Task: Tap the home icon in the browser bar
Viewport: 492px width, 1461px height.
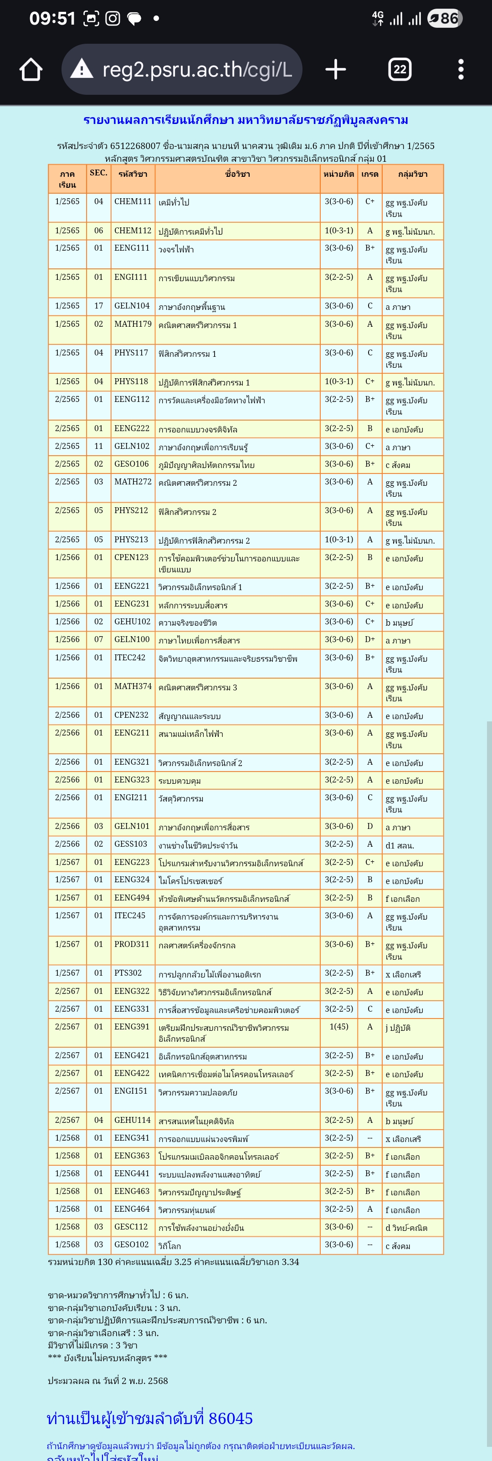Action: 31,70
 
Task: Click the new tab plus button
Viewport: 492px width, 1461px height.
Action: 336,70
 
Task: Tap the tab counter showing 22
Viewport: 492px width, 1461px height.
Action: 400,70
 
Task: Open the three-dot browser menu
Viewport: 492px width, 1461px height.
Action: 461,70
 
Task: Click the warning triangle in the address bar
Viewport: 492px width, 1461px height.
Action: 82,69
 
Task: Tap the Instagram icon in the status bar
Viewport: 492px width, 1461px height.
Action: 113,19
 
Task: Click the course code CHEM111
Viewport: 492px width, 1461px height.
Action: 133,201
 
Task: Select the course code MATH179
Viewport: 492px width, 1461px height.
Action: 133,324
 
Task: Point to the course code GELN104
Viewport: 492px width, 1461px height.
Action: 132,306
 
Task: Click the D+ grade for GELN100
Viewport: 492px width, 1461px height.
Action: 369,639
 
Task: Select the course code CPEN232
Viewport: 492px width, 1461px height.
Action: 132,715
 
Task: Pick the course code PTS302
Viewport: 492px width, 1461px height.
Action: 128,972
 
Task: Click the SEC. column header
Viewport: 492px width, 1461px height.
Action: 98,173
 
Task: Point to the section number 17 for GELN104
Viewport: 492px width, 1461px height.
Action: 98,306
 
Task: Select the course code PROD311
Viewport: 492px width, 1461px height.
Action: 132,944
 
